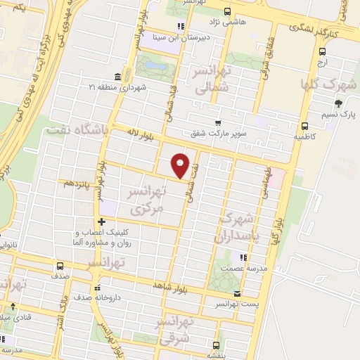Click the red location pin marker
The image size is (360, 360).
pos(181,164)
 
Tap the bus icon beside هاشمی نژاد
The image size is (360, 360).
pos(227,11)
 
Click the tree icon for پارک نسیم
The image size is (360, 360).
pos(339,103)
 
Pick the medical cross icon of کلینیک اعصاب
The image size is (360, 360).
pos(102,221)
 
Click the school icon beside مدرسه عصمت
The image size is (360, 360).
pos(244,257)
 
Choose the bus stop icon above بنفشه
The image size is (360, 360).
pos(216,345)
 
